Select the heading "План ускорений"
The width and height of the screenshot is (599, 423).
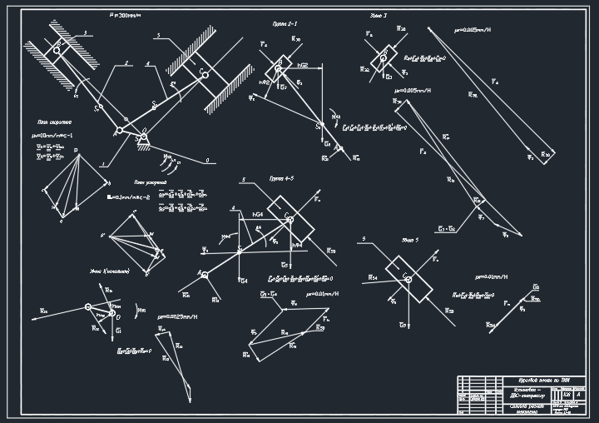(x=151, y=182)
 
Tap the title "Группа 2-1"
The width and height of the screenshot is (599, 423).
(x=285, y=24)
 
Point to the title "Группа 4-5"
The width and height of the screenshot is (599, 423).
(x=282, y=179)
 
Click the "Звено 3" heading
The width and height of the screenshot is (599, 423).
(x=379, y=15)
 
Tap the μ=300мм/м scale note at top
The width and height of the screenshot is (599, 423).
(x=126, y=15)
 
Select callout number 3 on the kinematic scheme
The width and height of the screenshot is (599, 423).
(x=83, y=32)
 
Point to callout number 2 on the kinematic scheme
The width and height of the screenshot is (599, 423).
(x=126, y=63)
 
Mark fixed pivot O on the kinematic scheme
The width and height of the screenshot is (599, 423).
(x=142, y=137)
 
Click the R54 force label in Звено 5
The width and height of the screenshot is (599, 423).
(x=374, y=278)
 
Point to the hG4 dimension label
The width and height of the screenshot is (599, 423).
(x=258, y=214)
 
